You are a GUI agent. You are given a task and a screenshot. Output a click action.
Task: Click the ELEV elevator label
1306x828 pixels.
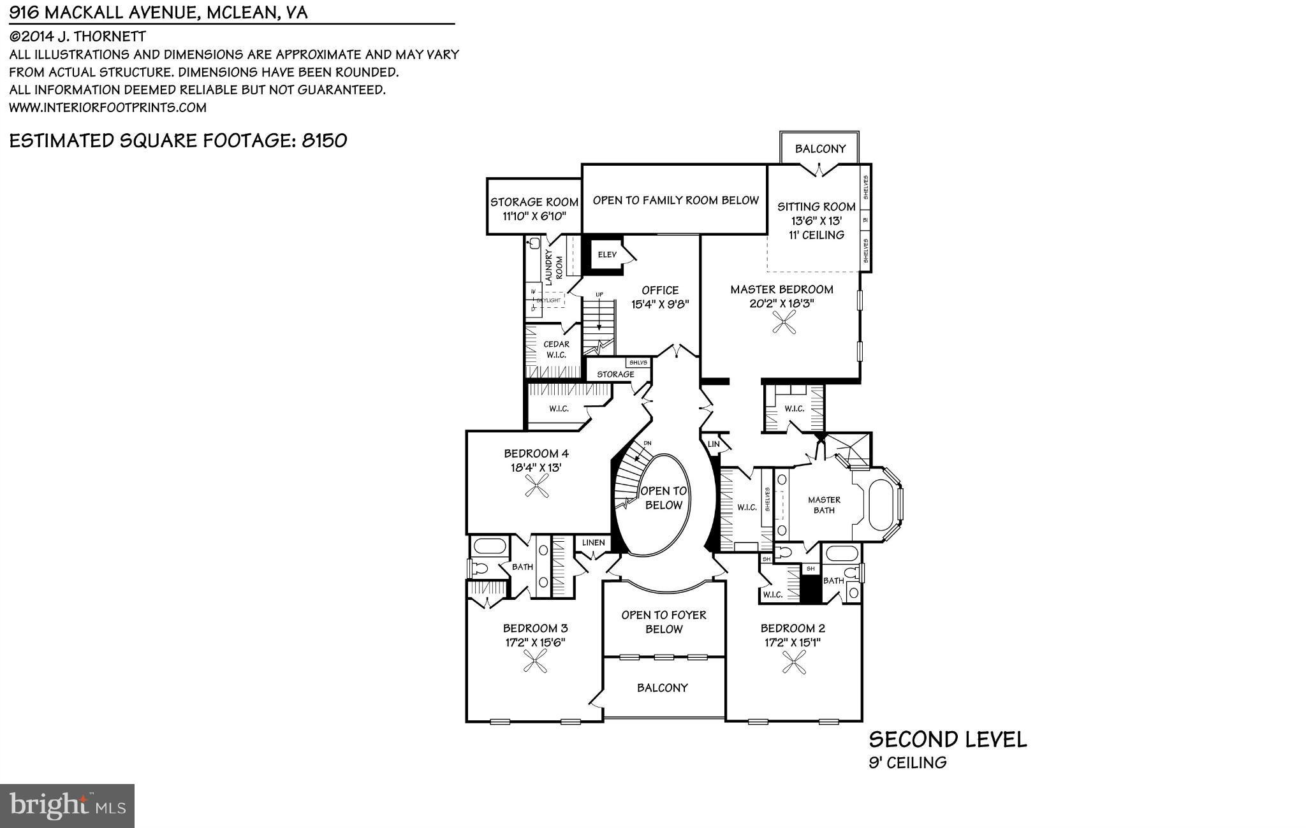tap(607, 255)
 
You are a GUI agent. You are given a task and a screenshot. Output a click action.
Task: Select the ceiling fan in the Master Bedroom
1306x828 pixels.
tap(782, 326)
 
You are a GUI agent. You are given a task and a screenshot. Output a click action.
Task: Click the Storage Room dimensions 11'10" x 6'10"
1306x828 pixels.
tap(534, 217)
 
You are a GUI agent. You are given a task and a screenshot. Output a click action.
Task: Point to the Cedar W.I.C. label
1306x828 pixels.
tap(555, 349)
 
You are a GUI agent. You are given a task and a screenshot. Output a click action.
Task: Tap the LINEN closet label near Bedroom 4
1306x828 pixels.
tap(593, 542)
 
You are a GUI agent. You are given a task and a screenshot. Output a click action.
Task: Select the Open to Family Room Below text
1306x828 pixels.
tap(675, 200)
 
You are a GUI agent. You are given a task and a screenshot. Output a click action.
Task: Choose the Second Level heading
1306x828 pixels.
tap(948, 740)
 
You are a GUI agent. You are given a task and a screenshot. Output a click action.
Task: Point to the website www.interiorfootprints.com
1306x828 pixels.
tap(108, 108)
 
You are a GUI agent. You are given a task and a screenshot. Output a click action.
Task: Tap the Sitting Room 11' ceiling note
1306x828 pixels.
tap(816, 235)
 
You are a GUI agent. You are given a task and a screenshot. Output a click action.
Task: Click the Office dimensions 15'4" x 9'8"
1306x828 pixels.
tap(660, 305)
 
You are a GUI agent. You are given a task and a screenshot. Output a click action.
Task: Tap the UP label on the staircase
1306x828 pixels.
tap(599, 294)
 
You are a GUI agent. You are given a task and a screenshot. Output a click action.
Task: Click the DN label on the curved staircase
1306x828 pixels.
tap(647, 443)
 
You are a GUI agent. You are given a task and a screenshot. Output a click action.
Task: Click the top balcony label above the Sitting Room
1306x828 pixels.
tap(820, 149)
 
